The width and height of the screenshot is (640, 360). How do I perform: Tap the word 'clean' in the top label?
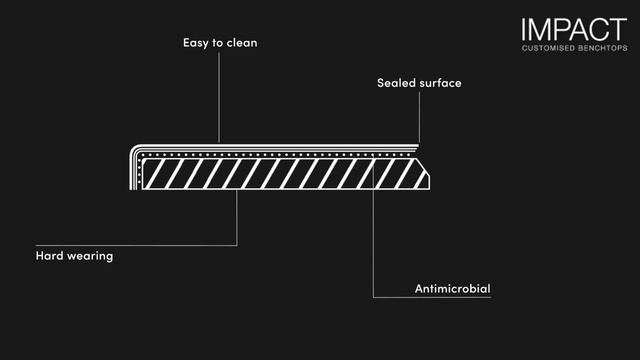point(242,42)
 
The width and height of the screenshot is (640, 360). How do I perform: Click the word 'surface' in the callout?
point(440,83)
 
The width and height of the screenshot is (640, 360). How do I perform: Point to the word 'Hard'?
point(49,256)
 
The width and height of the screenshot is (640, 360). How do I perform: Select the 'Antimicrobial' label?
point(453,289)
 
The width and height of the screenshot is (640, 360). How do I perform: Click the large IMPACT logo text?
point(574,29)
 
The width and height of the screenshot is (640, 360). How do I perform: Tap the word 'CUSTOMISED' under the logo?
point(548,48)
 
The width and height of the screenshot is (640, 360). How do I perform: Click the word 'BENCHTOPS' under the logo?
point(603,48)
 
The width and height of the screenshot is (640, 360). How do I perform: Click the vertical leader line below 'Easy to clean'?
point(219,98)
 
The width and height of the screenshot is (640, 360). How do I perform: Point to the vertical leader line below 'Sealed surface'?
point(419,117)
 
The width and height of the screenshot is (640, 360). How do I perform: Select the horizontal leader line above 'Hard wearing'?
point(136,245)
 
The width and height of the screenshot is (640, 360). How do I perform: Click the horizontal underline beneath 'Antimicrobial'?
point(432,297)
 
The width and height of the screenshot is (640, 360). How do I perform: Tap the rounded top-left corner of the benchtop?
point(134,149)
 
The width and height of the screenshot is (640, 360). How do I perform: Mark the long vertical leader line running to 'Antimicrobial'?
point(373,226)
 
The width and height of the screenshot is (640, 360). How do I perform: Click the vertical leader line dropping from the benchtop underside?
point(237,218)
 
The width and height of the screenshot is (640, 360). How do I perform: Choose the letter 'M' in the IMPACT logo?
point(540,29)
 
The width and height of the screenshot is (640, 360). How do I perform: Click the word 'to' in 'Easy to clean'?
point(218,42)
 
